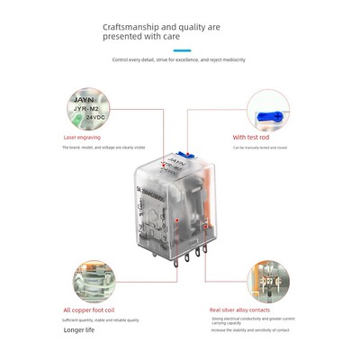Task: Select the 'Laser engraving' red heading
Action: (x=82, y=138)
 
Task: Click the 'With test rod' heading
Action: (x=252, y=138)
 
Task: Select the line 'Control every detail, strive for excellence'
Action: (x=178, y=59)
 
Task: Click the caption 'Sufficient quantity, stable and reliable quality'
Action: (x=101, y=319)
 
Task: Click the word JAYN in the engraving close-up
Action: (x=84, y=93)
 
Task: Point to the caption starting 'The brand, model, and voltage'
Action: (x=102, y=147)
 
